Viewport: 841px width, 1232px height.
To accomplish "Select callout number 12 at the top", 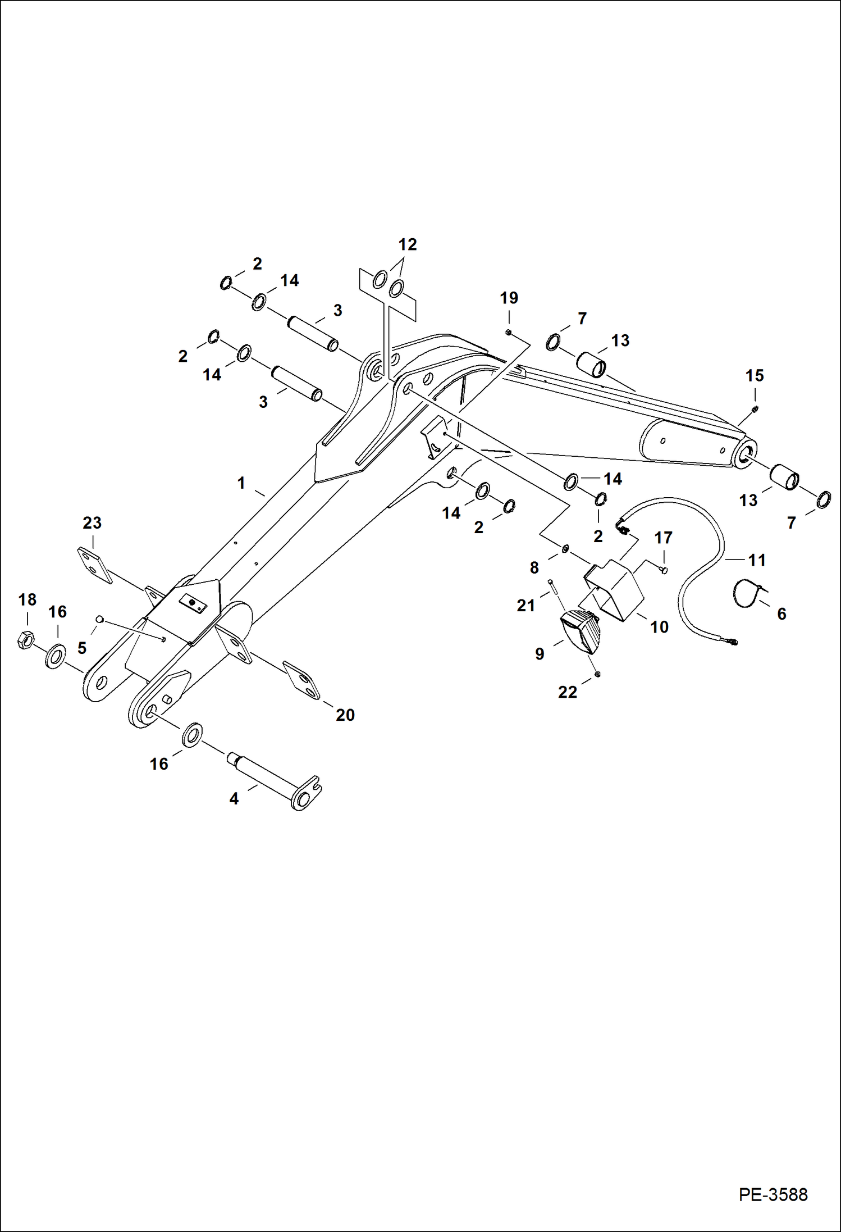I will pos(408,245).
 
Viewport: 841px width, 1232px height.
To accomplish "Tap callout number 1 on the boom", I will pos(241,483).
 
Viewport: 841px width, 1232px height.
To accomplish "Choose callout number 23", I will pos(92,523).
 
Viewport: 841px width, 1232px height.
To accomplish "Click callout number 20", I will pos(345,715).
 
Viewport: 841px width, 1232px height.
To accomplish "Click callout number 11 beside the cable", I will pos(757,560).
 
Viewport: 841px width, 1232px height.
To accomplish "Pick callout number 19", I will pos(509,298).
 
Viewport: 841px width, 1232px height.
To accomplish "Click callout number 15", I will pos(755,375).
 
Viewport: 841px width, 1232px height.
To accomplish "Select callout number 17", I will pos(663,538).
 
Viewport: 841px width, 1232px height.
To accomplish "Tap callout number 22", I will pos(568,692).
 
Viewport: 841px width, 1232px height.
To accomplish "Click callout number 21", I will pos(526,605).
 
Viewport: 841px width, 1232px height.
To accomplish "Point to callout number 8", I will pos(534,567).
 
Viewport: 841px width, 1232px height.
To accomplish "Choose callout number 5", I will pos(82,648).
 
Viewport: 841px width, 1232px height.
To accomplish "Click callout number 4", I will pos(234,798).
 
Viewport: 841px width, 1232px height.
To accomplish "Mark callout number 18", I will pos(27,600).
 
